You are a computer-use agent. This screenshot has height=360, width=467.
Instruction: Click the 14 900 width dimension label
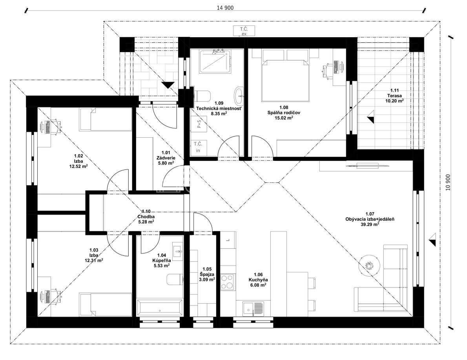coord(225,8)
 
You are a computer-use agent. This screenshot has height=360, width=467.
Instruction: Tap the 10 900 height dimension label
coord(448,182)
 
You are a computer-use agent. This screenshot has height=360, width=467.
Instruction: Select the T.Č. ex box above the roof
coord(244,31)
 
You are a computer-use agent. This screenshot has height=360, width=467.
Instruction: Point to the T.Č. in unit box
coord(198,147)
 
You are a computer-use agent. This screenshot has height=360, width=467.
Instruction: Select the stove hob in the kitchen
coord(228,282)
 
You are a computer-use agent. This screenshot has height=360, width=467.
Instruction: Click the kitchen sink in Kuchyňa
coord(253,308)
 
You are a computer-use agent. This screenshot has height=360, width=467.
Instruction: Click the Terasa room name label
coord(395,96)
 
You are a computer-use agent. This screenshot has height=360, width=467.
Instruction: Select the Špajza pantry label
coord(207,275)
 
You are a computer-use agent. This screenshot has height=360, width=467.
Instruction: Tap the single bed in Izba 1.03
coord(106,305)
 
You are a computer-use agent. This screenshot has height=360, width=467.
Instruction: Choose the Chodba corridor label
coord(146,216)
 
